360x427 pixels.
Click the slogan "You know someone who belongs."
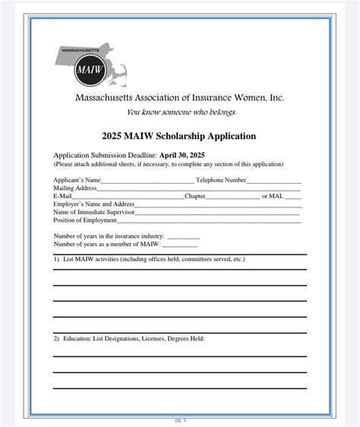pos(181,112)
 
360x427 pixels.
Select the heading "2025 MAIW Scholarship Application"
pos(179,136)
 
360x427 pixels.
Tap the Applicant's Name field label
pos(77,179)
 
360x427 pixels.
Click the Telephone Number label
pos(221,179)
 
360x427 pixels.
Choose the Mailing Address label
pos(75,188)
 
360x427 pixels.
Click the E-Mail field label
pos(62,196)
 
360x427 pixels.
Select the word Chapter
pos(195,196)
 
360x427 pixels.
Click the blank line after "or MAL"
pos(293,197)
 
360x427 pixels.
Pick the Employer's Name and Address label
pos(93,204)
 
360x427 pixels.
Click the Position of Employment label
pos(84,220)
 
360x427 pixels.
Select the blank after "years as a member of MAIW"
pos(180,245)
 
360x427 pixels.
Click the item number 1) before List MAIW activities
pos(56,259)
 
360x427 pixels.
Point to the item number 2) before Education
pos(56,339)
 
